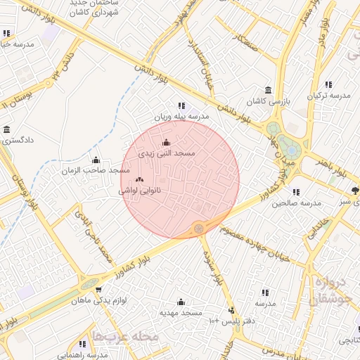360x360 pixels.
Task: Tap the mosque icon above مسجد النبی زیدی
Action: [x=166, y=143]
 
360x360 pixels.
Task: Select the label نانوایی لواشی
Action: [x=139, y=190]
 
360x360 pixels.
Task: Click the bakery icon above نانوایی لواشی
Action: [x=139, y=180]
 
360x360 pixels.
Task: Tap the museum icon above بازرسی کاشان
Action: [x=268, y=91]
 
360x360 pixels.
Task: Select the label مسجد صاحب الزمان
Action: [x=96, y=170]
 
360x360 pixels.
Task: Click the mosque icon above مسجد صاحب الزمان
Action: [x=96, y=160]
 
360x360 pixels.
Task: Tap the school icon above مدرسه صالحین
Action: [x=296, y=192]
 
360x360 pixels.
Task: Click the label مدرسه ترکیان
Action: [x=328, y=95]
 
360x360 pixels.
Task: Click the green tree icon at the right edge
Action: [x=355, y=190]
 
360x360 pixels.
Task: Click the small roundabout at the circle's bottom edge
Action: [x=199, y=228]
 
